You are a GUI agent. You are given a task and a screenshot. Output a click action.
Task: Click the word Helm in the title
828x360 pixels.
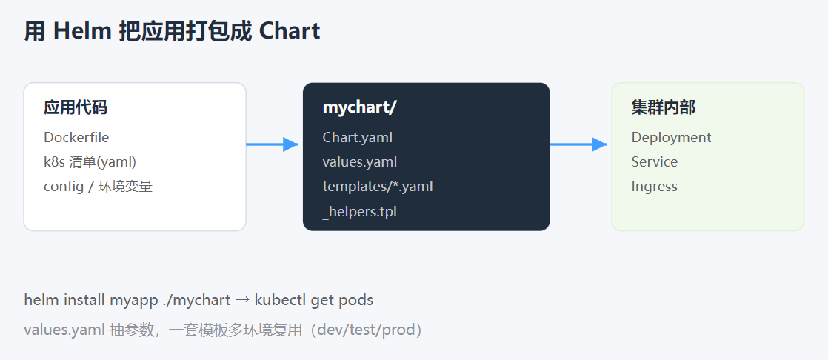click(82, 32)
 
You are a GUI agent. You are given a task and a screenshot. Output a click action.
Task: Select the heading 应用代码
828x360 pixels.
click(76, 107)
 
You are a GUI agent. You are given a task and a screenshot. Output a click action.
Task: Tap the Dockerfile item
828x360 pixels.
click(76, 137)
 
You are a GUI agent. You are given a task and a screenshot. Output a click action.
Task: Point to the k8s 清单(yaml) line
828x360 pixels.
click(90, 162)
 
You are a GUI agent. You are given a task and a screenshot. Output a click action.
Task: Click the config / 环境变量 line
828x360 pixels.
click(99, 187)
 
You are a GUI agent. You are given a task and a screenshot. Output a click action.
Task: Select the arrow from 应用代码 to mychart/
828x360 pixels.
click(272, 144)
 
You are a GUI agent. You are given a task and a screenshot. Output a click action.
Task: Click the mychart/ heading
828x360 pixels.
click(360, 107)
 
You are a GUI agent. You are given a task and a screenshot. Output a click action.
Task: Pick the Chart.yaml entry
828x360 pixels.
click(358, 138)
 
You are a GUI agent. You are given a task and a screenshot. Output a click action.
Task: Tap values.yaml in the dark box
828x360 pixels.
click(360, 162)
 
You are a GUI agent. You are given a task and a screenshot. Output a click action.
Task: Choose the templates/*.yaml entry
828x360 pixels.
click(378, 187)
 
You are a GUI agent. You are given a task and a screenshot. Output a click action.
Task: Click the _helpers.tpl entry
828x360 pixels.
click(360, 212)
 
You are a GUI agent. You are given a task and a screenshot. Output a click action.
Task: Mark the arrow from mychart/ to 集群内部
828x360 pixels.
click(578, 144)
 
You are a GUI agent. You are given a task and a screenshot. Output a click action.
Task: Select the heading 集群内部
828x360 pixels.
click(664, 107)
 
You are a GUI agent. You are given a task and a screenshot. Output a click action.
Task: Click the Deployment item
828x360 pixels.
click(671, 138)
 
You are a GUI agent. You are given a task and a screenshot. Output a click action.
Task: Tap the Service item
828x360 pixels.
click(654, 162)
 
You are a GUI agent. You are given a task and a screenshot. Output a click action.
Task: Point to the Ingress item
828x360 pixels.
click(654, 187)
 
